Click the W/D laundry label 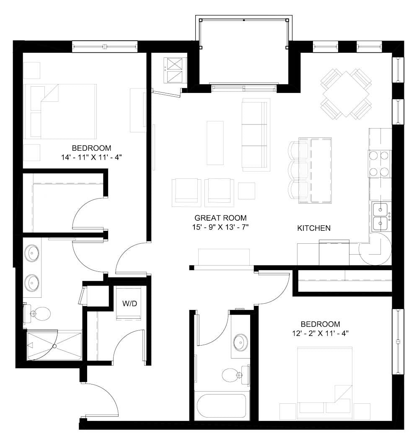[129, 304]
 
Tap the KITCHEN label [314, 228]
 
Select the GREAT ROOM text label [220, 218]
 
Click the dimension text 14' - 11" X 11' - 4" [91, 157]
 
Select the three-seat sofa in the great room [255, 135]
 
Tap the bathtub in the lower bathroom [222, 406]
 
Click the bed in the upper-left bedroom [60, 111]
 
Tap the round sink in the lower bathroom [240, 341]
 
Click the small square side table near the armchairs [246, 191]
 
